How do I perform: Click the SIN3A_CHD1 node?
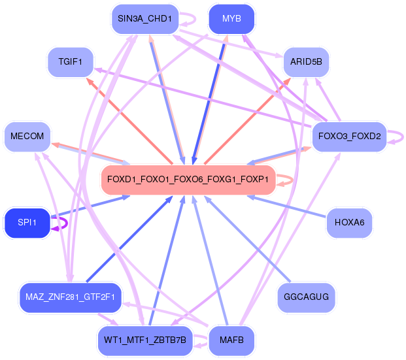(x=144, y=19)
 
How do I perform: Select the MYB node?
(x=231, y=19)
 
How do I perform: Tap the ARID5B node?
(x=306, y=62)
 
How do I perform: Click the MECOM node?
(x=27, y=137)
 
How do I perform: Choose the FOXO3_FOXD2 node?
(x=349, y=137)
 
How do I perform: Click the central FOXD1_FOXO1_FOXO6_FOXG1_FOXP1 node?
(x=188, y=179)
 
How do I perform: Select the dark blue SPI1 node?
(x=27, y=223)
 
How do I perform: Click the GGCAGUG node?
(x=306, y=297)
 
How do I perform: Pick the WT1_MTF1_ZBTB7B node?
(x=144, y=340)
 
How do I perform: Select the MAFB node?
(x=231, y=340)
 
